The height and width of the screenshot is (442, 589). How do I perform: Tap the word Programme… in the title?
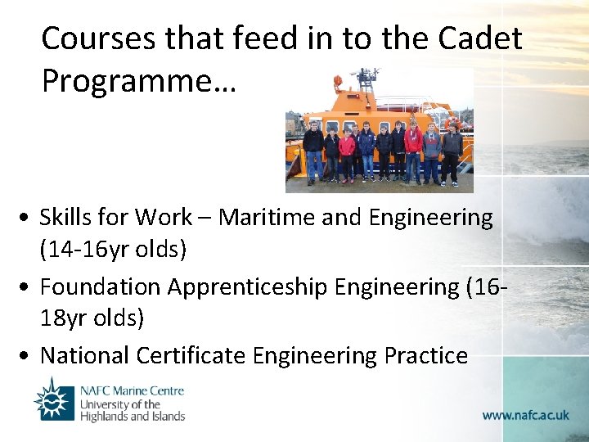coord(138,81)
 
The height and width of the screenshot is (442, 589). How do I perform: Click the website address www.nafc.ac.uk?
coord(525,415)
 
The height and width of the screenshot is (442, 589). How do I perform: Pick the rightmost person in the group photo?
coord(452,153)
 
